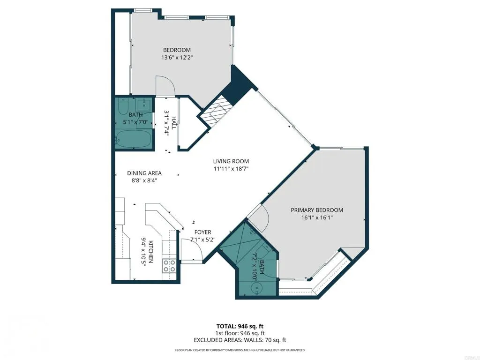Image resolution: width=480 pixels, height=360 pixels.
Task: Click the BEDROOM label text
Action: point(177,50)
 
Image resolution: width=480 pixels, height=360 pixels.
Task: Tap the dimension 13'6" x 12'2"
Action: point(177,58)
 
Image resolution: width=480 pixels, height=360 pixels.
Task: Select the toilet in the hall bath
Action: point(123,108)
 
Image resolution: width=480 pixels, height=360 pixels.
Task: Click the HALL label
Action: point(174,122)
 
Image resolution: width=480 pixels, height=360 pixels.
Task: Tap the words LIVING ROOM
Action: point(231,162)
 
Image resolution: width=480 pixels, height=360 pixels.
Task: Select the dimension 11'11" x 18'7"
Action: point(231,169)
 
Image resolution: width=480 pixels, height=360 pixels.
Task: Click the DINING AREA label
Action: point(144,173)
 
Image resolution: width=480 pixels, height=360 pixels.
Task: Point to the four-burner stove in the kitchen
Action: point(169,266)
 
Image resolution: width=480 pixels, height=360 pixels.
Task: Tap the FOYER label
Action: point(202,232)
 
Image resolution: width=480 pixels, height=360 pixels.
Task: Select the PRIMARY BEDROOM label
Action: point(317,210)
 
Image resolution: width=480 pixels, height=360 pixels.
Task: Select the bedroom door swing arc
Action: point(165,86)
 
